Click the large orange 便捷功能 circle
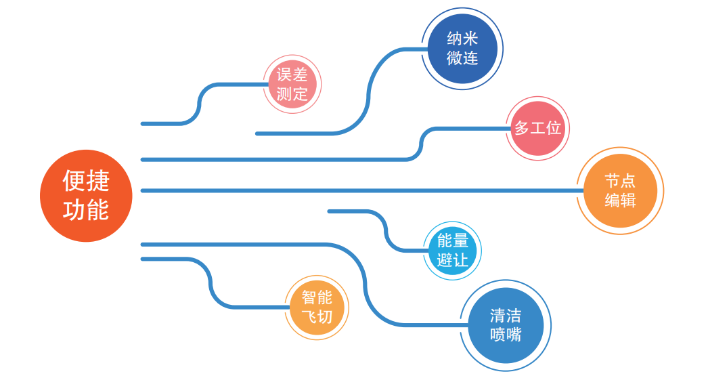pyautogui.click(x=86, y=195)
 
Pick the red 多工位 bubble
pyautogui.click(x=538, y=128)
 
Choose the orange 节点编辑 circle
pyautogui.click(x=620, y=191)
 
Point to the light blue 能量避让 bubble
pyautogui.click(x=453, y=250)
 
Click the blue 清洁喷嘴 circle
pyautogui.click(x=506, y=325)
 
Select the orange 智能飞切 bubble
pyautogui.click(x=316, y=307)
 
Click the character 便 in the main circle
pyautogui.click(x=74, y=181)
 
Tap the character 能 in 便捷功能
pyautogui.click(x=98, y=209)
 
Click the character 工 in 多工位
pyautogui.click(x=538, y=128)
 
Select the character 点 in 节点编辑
pyautogui.click(x=629, y=182)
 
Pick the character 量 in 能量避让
pyautogui.click(x=461, y=241)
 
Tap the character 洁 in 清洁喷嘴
pyautogui.click(x=514, y=316)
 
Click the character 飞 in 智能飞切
pyautogui.click(x=308, y=316)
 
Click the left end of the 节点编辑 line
pyautogui.click(x=143, y=190)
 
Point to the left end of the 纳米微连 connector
pyautogui.click(x=258, y=133)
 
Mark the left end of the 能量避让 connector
pyautogui.click(x=330, y=211)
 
